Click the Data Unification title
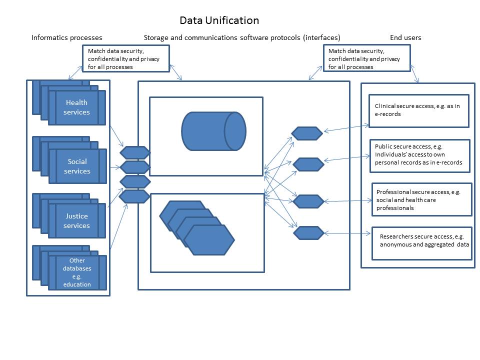[x=219, y=20]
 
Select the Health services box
[x=77, y=107]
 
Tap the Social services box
[x=77, y=166]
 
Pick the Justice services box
[x=77, y=220]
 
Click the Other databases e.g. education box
[x=77, y=272]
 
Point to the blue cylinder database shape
[x=213, y=131]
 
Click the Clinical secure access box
[x=418, y=110]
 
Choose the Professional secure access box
[x=422, y=199]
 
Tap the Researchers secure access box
[x=422, y=243]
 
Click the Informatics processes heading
[x=67, y=37]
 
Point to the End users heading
[x=405, y=37]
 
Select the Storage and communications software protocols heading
[x=242, y=37]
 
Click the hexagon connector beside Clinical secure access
[x=307, y=133]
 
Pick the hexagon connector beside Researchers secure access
[x=308, y=233]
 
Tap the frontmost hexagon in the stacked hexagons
[x=209, y=240]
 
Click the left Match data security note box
[x=126, y=58]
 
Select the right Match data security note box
[x=366, y=58]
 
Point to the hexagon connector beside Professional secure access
[x=308, y=201]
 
